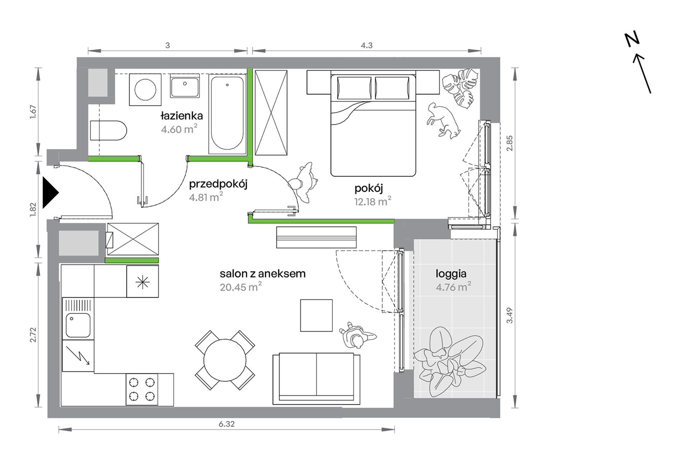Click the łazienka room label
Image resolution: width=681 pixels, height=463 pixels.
pyautogui.click(x=182, y=116)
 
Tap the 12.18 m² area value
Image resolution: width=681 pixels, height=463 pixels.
pyautogui.click(x=373, y=201)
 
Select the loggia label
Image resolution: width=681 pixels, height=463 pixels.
pyautogui.click(x=451, y=274)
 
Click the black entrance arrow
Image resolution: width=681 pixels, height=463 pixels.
pyautogui.click(x=51, y=192)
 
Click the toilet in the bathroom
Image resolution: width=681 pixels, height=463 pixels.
pyautogui.click(x=108, y=130)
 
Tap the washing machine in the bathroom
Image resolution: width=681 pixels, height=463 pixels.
pyautogui.click(x=145, y=90)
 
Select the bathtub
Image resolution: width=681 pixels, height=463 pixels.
pyautogui.click(x=227, y=114)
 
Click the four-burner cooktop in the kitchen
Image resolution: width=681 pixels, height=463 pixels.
pyautogui.click(x=142, y=390)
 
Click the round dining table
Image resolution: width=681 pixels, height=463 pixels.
pyautogui.click(x=225, y=360)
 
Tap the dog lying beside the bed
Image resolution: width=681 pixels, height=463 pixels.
pyautogui.click(x=443, y=120)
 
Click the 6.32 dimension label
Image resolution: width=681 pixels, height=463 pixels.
pyautogui.click(x=227, y=424)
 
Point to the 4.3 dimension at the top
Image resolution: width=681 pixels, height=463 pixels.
pyautogui.click(x=367, y=45)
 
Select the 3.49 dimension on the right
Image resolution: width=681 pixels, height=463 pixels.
pyautogui.click(x=510, y=315)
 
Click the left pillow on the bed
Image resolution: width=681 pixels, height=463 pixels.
pyautogui.click(x=354, y=88)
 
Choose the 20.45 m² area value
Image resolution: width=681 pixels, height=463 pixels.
pyautogui.click(x=241, y=287)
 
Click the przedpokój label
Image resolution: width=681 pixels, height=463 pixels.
pyautogui.click(x=218, y=184)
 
